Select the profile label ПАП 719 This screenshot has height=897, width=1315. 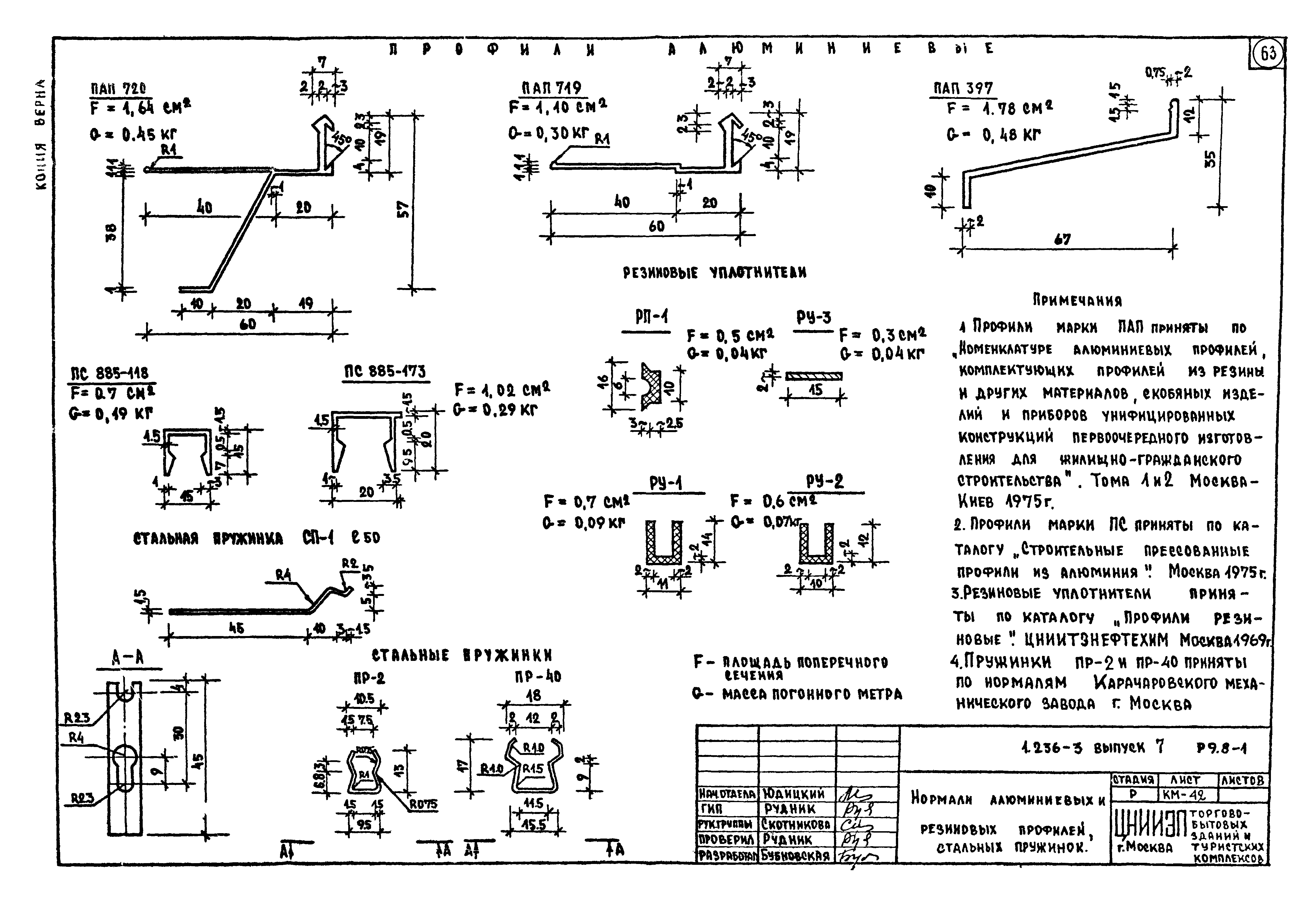[x=551, y=88]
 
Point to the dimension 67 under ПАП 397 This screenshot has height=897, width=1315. [x=1062, y=239]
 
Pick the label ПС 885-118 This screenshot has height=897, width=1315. [x=110, y=373]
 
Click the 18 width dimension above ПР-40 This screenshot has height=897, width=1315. [x=533, y=696]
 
